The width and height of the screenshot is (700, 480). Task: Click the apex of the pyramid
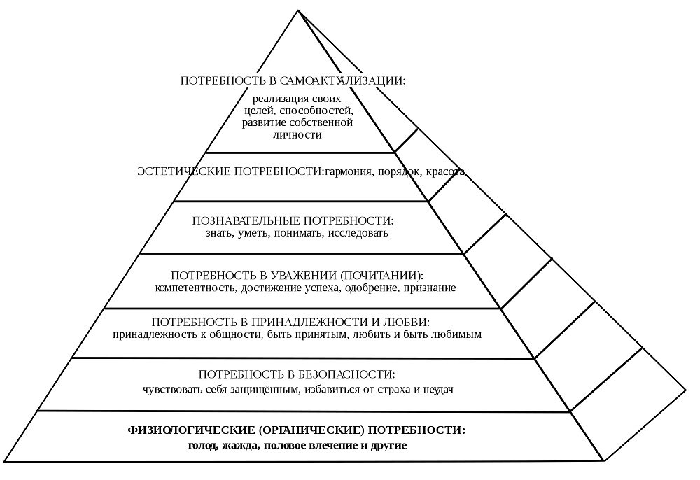click(298, 11)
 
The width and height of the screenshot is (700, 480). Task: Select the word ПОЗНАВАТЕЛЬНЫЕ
click(239, 221)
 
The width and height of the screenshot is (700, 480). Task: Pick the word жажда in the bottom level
click(238, 445)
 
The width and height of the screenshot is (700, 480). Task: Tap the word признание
click(430, 288)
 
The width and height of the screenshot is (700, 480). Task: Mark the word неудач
click(437, 389)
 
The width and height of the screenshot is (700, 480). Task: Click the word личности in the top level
click(297, 135)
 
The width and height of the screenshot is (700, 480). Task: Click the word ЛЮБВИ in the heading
click(407, 322)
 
